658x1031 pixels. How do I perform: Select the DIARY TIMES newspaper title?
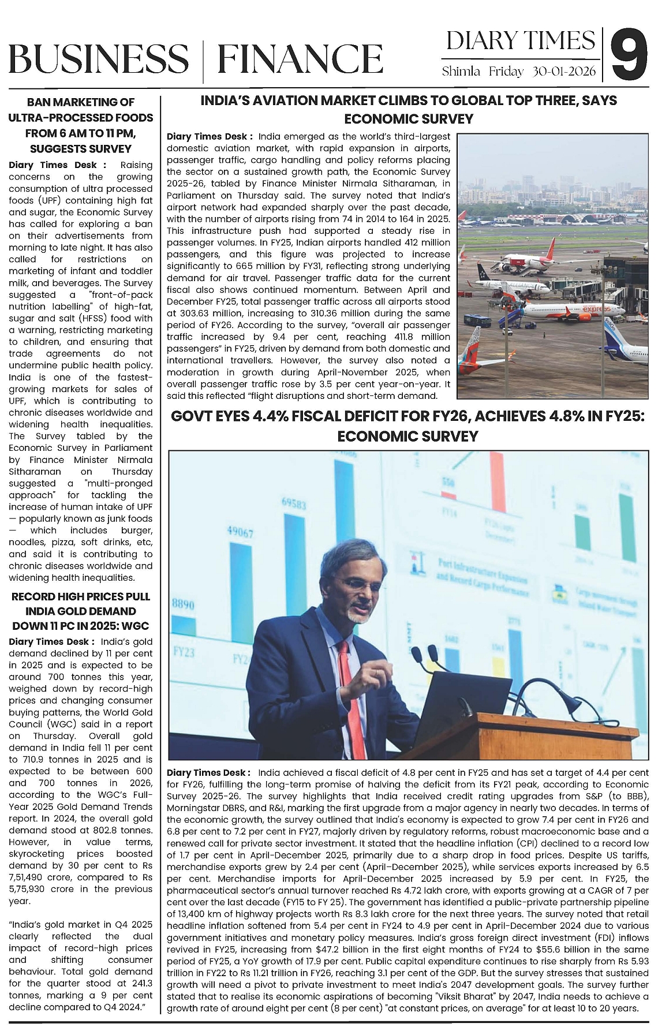point(521,41)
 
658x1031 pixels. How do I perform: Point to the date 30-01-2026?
point(565,72)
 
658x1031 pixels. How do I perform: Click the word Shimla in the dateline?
point(461,72)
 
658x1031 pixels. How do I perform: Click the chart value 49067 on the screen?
point(240,532)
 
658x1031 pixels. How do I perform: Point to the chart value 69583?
point(294,503)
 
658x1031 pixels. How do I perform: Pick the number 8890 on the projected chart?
point(183,604)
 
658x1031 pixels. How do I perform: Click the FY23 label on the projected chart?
point(183,652)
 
